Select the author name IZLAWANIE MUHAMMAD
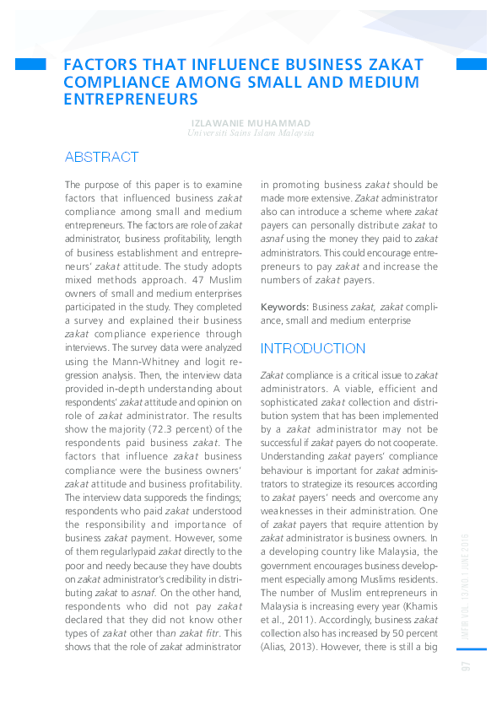(x=251, y=122)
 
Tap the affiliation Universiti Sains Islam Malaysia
(x=251, y=133)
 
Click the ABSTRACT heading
(x=101, y=158)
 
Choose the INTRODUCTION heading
(x=313, y=348)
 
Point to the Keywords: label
(x=284, y=307)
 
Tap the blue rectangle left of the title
(x=30, y=64)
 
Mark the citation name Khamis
(x=418, y=607)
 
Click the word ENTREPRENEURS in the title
(x=131, y=99)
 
